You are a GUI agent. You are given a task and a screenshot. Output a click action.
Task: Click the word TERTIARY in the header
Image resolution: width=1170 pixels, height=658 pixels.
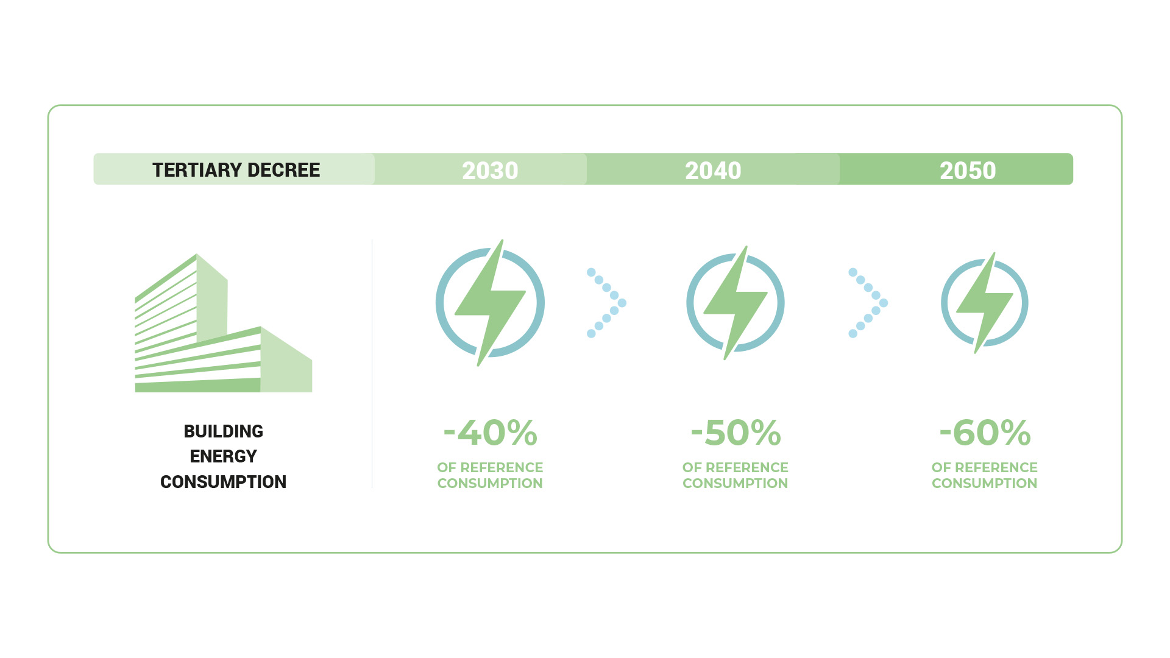[194, 170]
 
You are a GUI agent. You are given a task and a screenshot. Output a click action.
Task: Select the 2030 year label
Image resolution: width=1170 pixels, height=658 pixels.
[490, 171]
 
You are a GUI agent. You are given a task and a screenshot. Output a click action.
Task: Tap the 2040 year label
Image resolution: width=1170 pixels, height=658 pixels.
[713, 171]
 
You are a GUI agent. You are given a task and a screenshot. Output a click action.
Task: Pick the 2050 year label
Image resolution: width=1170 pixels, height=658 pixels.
[968, 171]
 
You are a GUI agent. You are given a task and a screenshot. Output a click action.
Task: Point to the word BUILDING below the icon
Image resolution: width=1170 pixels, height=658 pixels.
[224, 431]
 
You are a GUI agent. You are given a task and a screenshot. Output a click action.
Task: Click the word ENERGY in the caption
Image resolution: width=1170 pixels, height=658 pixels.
[224, 456]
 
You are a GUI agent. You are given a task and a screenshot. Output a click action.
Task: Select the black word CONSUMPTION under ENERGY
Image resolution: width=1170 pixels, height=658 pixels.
[224, 482]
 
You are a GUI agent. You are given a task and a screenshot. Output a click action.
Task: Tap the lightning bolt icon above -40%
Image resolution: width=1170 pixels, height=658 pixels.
[490, 303]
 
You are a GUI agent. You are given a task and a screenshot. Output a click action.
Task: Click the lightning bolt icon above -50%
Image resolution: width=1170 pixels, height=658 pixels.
[736, 303]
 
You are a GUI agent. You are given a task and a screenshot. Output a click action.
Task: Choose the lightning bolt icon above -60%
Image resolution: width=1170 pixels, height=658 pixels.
[985, 303]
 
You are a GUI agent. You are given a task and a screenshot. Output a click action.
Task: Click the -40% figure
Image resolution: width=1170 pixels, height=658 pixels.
[491, 433]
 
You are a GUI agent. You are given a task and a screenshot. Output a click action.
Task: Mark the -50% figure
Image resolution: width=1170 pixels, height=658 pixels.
[736, 433]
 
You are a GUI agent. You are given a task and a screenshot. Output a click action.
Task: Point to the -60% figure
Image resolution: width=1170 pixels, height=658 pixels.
[985, 433]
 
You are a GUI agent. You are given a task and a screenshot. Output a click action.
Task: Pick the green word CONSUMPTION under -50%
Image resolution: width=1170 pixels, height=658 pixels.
[736, 483]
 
